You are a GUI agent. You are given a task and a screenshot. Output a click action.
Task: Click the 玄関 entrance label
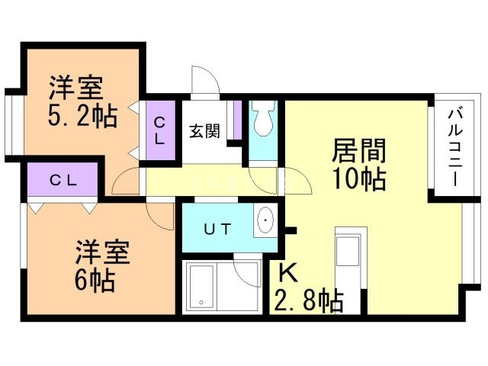tap(205, 130)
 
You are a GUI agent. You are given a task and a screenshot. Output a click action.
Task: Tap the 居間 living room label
tap(358, 149)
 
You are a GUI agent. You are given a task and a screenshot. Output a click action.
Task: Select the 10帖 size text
tap(358, 179)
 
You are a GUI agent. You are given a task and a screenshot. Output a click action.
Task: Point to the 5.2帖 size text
tap(82, 116)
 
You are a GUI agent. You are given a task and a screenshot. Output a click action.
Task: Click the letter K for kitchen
tap(287, 272)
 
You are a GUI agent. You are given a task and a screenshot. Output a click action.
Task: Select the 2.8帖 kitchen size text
tap(308, 299)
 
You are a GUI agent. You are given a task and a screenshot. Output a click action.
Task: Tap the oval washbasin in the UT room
tap(265, 221)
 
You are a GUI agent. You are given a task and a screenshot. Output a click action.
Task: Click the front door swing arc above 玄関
tap(204, 82)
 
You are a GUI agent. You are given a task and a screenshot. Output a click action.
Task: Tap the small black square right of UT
tap(291, 229)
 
